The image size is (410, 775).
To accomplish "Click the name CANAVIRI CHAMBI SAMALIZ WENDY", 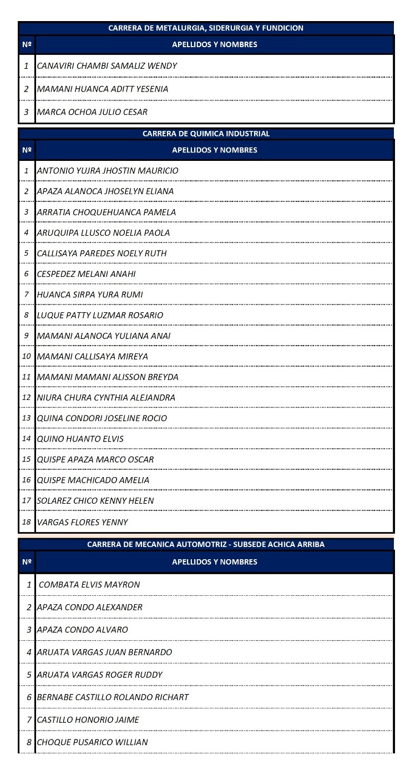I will pyautogui.click(x=107, y=66).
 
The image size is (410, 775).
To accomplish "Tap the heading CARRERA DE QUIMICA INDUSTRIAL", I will pyautogui.click(x=206, y=134).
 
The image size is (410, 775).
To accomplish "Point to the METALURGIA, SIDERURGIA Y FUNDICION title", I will pyautogui.click(x=206, y=28).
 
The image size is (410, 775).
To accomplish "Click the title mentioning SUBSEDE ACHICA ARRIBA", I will pyautogui.click(x=206, y=545).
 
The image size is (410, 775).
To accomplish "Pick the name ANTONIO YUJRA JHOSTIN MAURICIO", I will pyautogui.click(x=108, y=171).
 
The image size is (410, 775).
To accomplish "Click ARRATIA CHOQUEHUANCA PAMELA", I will pyautogui.click(x=106, y=212).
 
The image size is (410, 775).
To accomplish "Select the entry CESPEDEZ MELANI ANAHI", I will pyautogui.click(x=86, y=274).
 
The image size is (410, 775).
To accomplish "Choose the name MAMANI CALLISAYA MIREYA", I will pyautogui.click(x=92, y=357).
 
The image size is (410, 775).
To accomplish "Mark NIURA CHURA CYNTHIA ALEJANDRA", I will pyautogui.click(x=106, y=398).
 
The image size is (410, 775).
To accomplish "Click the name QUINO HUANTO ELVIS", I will pyautogui.click(x=80, y=439).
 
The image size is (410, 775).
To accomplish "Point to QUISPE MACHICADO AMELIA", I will pyautogui.click(x=93, y=480).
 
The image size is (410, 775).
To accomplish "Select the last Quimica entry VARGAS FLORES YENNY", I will pyautogui.click(x=82, y=522).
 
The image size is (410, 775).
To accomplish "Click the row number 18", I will pyautogui.click(x=26, y=522).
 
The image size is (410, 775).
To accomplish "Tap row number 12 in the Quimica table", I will pyautogui.click(x=26, y=398).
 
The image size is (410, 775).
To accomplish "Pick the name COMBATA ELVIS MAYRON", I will pyautogui.click(x=89, y=585).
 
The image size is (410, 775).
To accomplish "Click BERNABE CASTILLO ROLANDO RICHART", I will pyautogui.click(x=113, y=697).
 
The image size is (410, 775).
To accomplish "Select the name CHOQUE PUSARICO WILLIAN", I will pyautogui.click(x=92, y=742).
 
